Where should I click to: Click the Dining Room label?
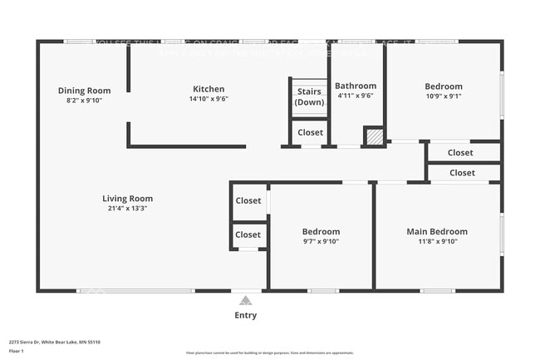[x=84, y=91]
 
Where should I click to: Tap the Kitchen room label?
[x=209, y=89]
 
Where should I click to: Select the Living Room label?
[x=127, y=199]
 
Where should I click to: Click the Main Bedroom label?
[x=436, y=231]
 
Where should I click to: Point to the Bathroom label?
[x=355, y=86]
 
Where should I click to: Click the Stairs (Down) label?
[x=309, y=96]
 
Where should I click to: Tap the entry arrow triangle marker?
[x=245, y=301]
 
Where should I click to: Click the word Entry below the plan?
[x=245, y=315]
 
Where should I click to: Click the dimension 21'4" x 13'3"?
[x=127, y=208]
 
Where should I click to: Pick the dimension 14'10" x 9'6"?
[x=209, y=99]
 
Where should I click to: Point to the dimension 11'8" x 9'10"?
[x=436, y=241]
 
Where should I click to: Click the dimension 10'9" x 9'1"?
[x=444, y=96]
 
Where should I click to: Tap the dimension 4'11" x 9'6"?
[x=355, y=96]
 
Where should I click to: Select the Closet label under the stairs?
[x=310, y=132]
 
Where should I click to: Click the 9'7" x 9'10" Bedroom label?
[x=321, y=231]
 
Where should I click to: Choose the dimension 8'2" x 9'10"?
[x=84, y=100]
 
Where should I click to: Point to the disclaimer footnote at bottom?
[x=269, y=353]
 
